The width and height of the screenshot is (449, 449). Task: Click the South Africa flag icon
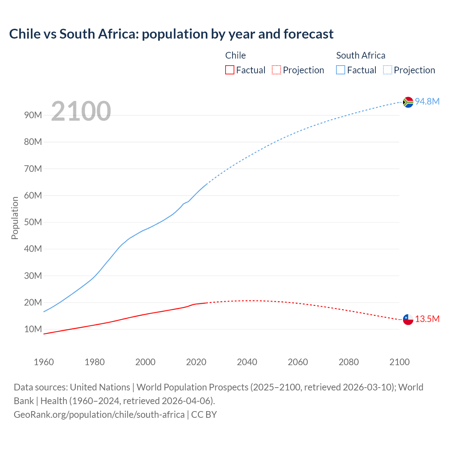[x=408, y=102]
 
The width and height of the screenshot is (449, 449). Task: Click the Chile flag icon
[x=408, y=319]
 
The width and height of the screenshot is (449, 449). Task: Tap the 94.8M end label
[x=427, y=101]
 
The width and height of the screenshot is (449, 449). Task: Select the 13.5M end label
[x=427, y=319]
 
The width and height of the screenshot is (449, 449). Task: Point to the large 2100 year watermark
[x=81, y=111]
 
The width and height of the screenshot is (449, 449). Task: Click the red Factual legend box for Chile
[x=229, y=70]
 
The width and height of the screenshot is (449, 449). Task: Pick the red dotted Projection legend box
[x=276, y=70]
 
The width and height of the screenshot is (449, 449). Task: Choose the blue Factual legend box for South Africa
[x=341, y=70]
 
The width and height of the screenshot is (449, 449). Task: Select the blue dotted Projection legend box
[x=388, y=70]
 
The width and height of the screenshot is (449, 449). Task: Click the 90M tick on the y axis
[x=33, y=115]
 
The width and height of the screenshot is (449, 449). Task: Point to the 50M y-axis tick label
[x=33, y=222]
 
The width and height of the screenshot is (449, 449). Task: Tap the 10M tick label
[x=33, y=329]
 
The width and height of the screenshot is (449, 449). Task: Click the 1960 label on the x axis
[x=44, y=362]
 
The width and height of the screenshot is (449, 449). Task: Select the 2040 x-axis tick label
[x=247, y=362]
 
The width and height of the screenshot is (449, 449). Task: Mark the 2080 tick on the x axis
[x=349, y=362]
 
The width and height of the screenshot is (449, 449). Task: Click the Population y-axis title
[x=15, y=218]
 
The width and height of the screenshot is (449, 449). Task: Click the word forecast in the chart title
[x=308, y=34]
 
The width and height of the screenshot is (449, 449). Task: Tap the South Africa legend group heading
[x=361, y=55]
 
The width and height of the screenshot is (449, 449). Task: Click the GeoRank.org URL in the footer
[x=99, y=414]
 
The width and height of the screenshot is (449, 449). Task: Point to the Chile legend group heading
[x=235, y=55]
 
